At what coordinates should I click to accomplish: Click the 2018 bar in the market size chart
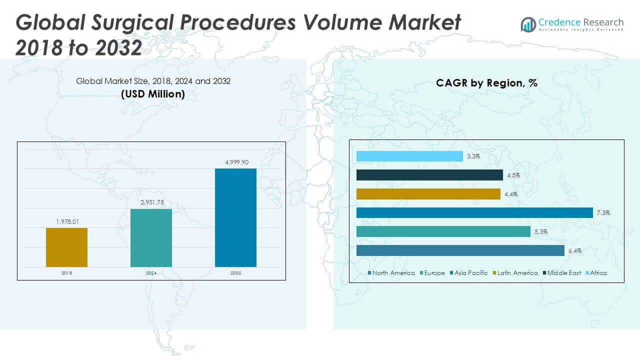[x=66, y=247]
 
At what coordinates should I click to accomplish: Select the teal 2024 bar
[x=151, y=237]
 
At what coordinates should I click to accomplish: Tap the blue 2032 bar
[x=235, y=217]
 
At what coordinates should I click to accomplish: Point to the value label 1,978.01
[x=66, y=220]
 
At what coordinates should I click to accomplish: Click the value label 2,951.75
[x=151, y=201]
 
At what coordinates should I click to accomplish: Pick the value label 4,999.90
[x=235, y=161]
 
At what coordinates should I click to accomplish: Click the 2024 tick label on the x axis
[x=151, y=273]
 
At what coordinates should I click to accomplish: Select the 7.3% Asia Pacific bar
[x=474, y=213]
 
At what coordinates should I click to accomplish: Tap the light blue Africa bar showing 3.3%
[x=409, y=156]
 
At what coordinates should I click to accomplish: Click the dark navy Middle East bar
[x=429, y=175]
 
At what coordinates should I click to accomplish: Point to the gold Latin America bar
[x=428, y=194]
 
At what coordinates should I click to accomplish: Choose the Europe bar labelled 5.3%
[x=443, y=231]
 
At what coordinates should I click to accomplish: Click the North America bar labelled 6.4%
[x=460, y=250]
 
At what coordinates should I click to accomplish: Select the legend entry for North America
[x=391, y=273]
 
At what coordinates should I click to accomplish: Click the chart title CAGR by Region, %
[x=486, y=83]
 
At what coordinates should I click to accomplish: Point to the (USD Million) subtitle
[x=153, y=94]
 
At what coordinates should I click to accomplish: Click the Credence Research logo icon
[x=528, y=24]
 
